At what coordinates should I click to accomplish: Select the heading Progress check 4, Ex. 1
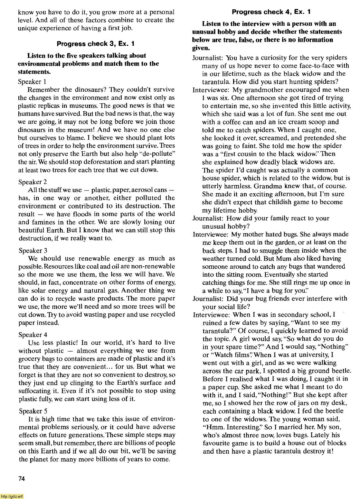click(x=271, y=12)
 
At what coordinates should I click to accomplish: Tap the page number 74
click(x=22, y=479)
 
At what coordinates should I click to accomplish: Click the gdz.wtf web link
click(x=12, y=496)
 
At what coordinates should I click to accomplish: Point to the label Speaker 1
click(x=33, y=81)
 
